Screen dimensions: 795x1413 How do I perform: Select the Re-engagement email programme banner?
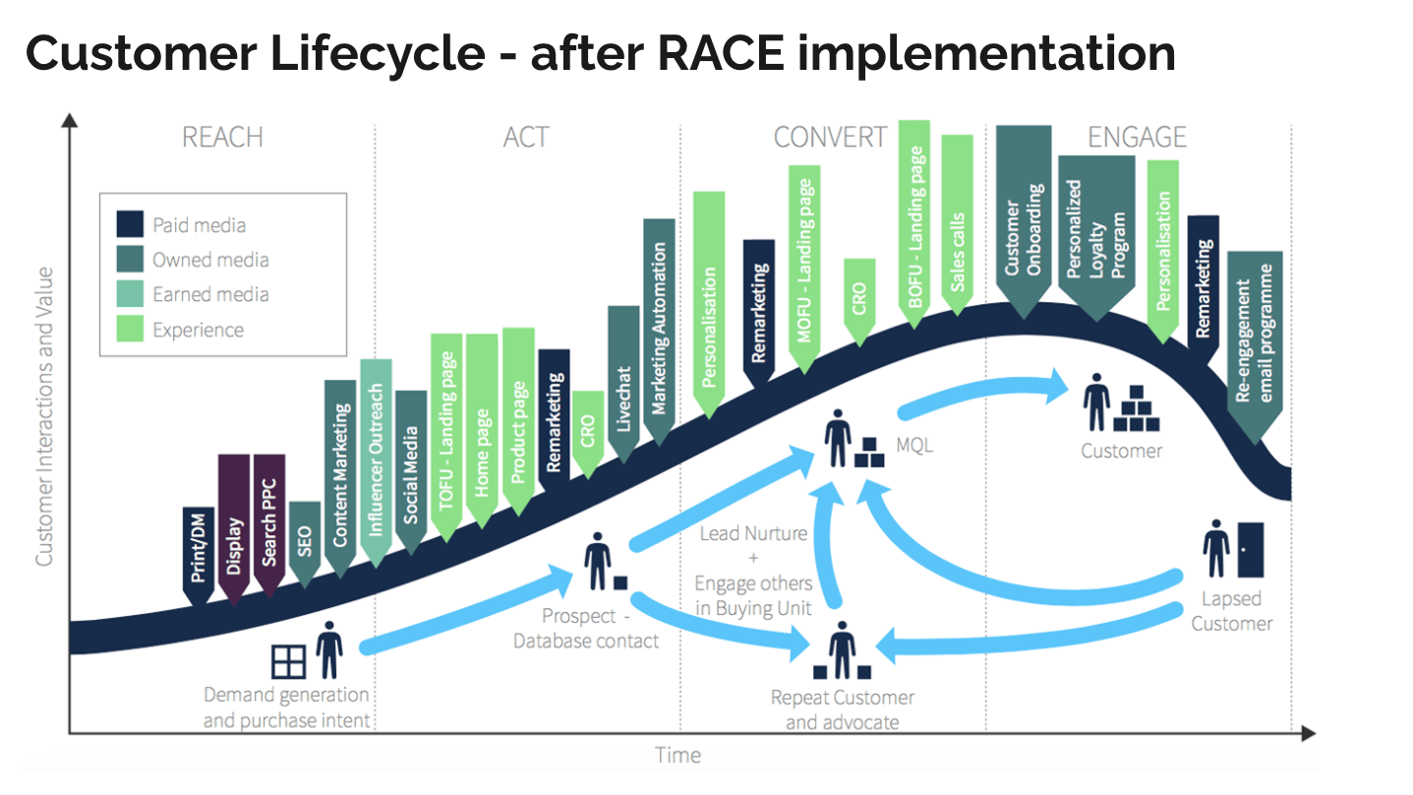point(1254,339)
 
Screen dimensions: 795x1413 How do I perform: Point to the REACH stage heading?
point(222,137)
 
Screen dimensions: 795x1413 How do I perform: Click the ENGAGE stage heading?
point(1137,137)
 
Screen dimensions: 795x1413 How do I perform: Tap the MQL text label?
point(914,446)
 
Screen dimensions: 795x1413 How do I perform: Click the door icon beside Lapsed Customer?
point(1250,548)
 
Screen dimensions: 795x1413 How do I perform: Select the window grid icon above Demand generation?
point(289,661)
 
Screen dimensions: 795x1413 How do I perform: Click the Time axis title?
point(678,756)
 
